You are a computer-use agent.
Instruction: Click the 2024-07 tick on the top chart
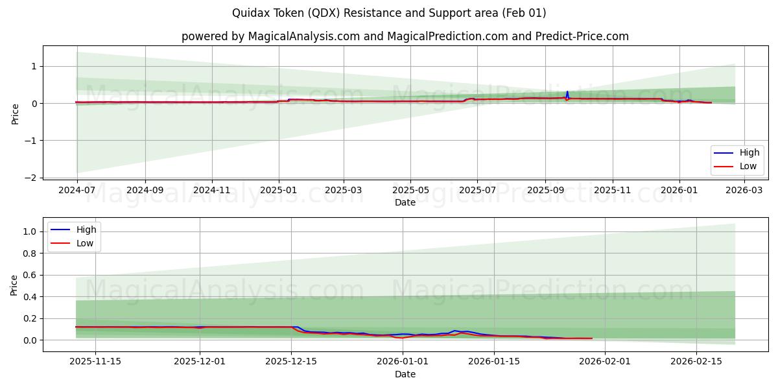click(x=77, y=191)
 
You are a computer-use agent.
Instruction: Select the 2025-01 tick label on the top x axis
click(x=279, y=191)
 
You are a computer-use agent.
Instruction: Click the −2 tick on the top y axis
click(x=30, y=178)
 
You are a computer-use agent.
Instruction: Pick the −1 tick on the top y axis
click(x=30, y=141)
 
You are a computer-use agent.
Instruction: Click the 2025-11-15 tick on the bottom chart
click(x=95, y=362)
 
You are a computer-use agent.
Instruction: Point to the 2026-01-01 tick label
click(x=403, y=362)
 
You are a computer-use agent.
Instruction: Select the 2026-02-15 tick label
click(x=696, y=362)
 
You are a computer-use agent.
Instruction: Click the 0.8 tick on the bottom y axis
click(x=29, y=253)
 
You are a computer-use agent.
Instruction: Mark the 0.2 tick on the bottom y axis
click(x=29, y=319)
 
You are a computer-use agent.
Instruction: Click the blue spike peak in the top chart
click(x=567, y=92)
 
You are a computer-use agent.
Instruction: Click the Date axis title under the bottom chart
click(x=405, y=374)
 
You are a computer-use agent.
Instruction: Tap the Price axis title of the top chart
click(x=15, y=113)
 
